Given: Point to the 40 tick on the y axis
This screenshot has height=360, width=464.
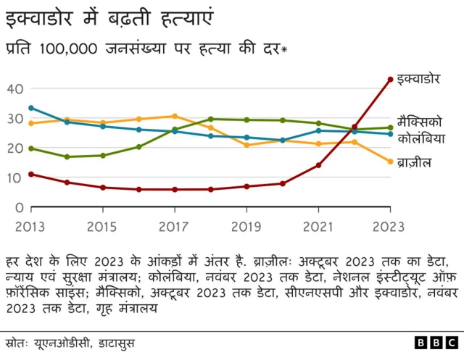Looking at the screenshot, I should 16,88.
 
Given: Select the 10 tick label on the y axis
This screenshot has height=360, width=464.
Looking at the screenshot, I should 16,178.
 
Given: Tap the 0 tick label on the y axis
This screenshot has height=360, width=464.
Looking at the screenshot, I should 20,208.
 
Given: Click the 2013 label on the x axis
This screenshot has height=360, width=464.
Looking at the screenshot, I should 30,226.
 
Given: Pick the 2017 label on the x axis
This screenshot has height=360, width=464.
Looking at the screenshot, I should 174,226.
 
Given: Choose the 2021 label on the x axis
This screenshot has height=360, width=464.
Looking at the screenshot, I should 318,226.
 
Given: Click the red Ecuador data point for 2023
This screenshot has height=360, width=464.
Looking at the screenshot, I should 390,79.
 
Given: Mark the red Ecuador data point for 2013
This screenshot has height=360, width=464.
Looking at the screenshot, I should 30,174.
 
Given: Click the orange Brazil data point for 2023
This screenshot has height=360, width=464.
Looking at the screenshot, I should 390,162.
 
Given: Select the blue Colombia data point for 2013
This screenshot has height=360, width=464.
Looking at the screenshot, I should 30,108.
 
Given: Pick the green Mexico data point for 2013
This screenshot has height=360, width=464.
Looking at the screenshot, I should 30,148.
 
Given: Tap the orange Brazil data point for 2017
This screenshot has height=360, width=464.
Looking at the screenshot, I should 174,116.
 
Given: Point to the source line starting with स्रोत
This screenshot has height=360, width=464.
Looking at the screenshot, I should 70,343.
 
